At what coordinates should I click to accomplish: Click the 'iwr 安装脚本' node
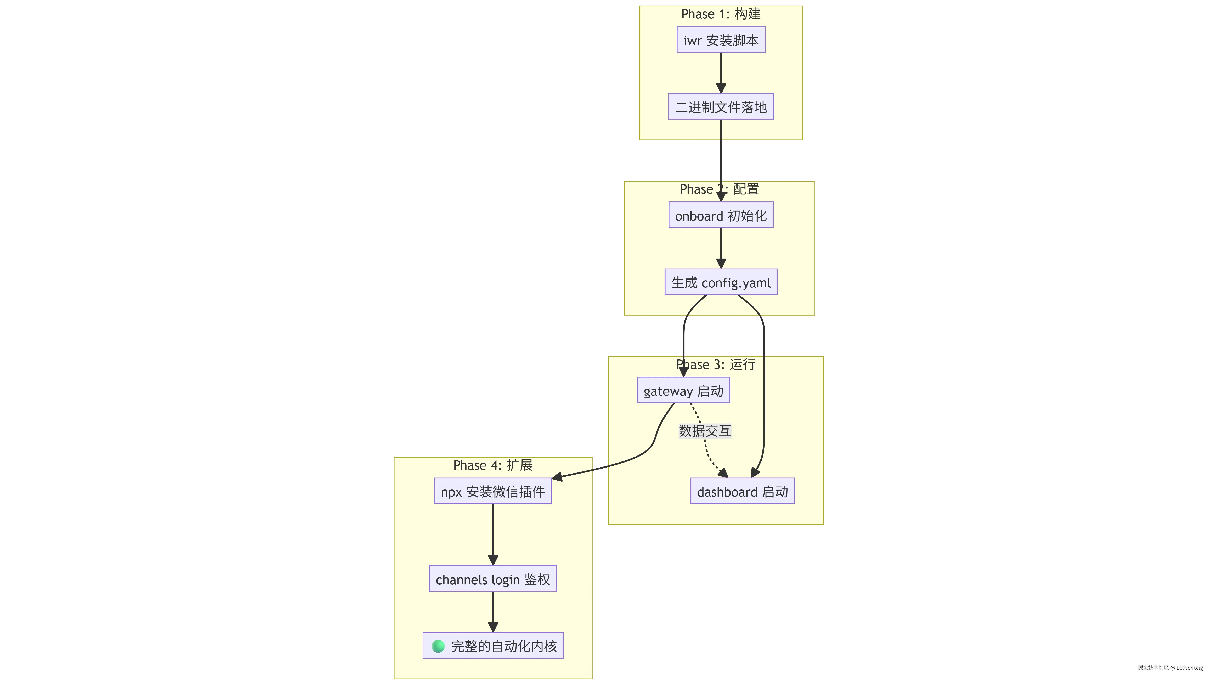(721, 40)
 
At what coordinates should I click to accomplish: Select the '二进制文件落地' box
(721, 107)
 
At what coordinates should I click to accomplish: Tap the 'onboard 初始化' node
(721, 215)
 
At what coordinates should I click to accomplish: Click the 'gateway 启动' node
(683, 390)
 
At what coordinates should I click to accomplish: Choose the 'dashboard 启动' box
(742, 492)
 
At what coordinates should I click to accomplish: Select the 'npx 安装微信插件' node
(493, 492)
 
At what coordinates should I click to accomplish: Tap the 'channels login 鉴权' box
(493, 579)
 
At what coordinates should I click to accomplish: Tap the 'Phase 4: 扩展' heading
(493, 465)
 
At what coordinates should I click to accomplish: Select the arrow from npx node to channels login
(493, 535)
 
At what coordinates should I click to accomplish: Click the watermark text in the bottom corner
(1169, 667)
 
